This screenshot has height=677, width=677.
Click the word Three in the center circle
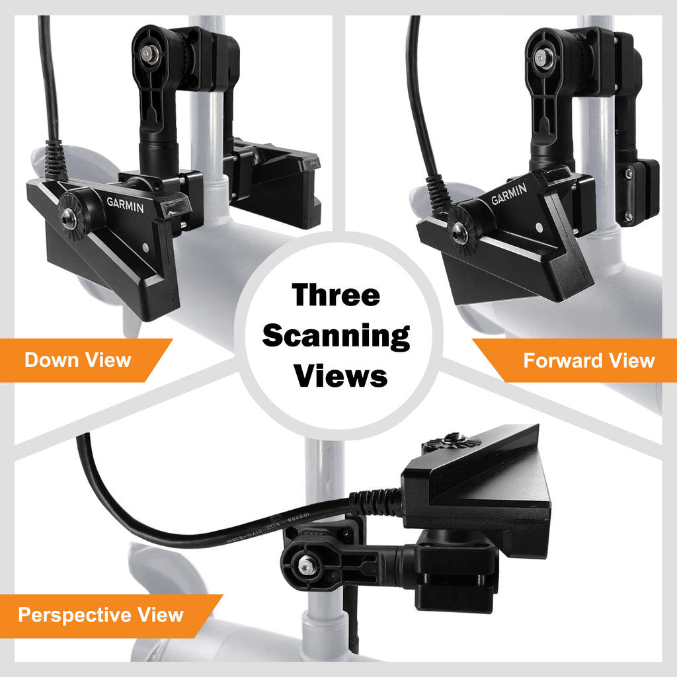[x=337, y=296]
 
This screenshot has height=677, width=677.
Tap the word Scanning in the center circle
[x=337, y=336]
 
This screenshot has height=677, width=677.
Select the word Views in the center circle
[x=340, y=376]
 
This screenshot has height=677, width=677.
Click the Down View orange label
[x=78, y=360]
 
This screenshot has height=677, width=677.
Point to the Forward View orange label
[x=588, y=360]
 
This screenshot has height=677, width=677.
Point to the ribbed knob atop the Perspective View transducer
[x=454, y=440]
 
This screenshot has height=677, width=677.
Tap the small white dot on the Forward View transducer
[x=539, y=227]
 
